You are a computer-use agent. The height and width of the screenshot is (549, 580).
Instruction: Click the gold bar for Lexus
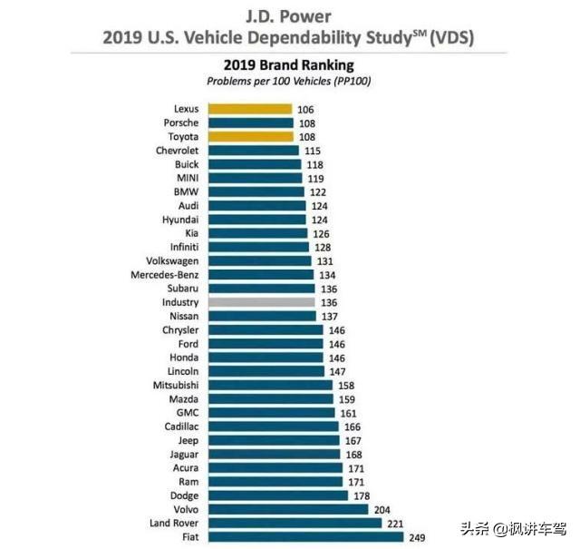[250, 109]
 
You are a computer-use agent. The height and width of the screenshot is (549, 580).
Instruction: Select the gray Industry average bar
[261, 302]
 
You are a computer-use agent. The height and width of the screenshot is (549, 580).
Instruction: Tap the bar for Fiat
[305, 537]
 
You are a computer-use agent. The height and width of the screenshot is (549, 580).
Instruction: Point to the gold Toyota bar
[251, 137]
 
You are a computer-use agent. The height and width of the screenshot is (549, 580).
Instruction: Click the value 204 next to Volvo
[384, 510]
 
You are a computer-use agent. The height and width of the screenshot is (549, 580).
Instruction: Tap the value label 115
[312, 151]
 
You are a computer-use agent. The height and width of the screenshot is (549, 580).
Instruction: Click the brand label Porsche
[180, 123]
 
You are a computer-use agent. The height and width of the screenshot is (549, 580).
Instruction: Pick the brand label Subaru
[181, 289]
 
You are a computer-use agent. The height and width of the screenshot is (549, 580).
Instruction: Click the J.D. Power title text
[289, 15]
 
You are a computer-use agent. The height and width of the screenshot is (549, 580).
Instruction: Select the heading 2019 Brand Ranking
[288, 65]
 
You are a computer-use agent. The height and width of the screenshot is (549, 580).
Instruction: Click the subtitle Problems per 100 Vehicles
[288, 82]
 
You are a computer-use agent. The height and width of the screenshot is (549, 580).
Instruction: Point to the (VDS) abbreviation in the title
[451, 38]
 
